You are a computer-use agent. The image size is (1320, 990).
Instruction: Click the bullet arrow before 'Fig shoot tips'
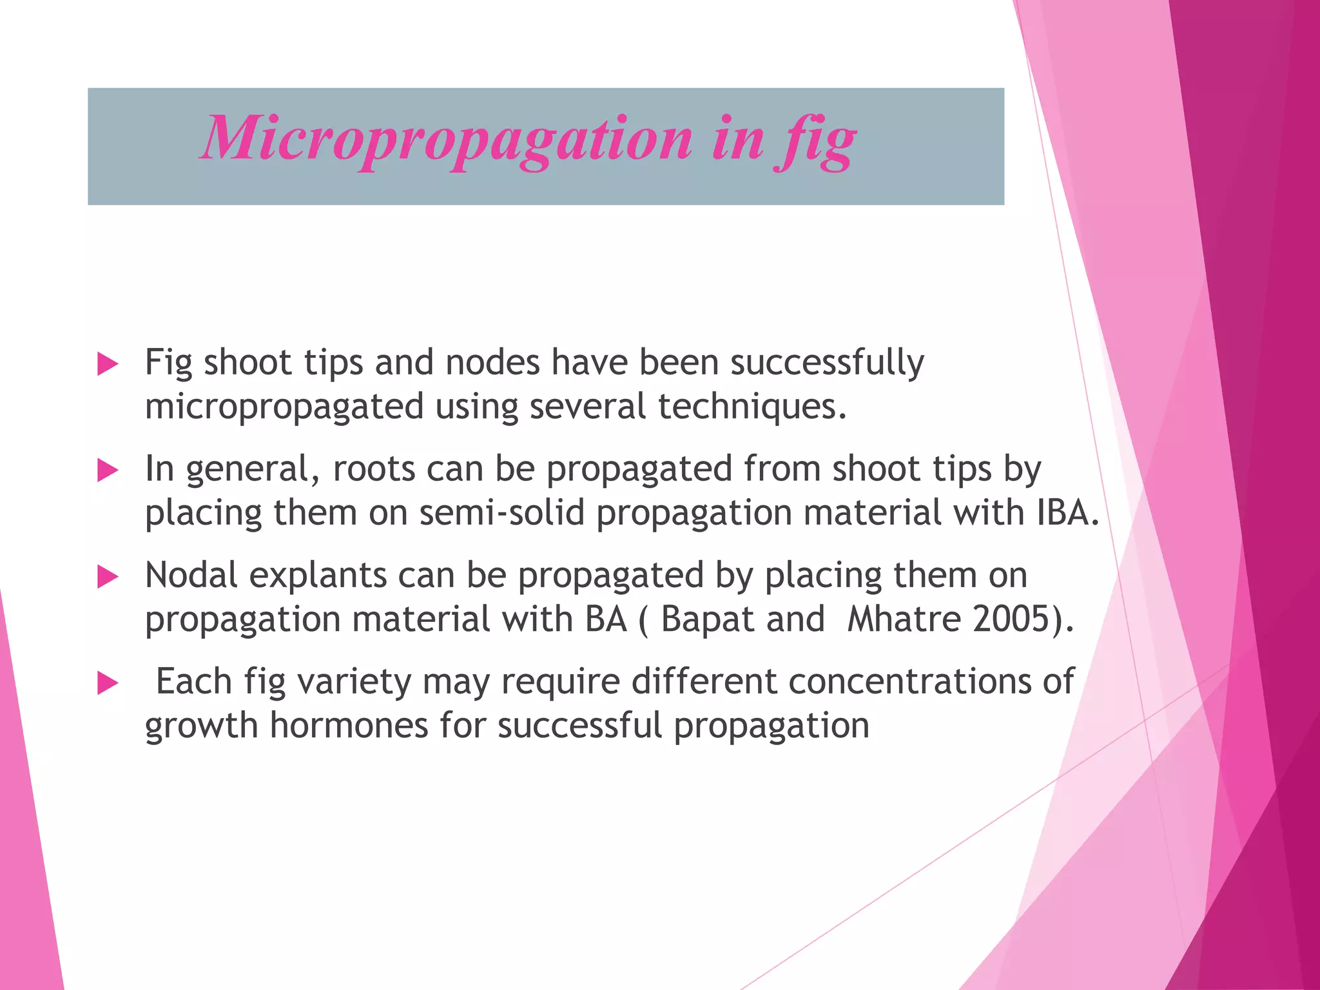(x=107, y=364)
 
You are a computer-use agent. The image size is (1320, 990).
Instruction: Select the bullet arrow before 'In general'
(x=107, y=471)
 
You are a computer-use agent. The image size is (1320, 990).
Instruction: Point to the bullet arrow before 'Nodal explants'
(x=107, y=577)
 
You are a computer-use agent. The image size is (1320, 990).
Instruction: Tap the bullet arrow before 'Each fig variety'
(x=107, y=683)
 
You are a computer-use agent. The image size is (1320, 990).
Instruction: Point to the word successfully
(x=827, y=363)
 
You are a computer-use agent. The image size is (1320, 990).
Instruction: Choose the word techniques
(x=752, y=406)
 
